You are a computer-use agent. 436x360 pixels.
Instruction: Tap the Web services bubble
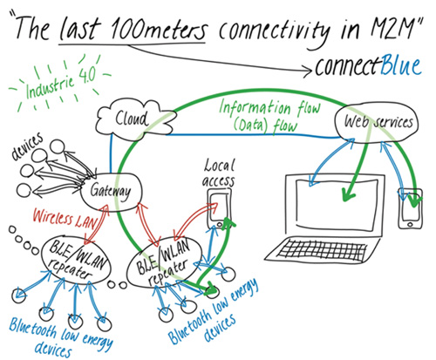[x=376, y=124]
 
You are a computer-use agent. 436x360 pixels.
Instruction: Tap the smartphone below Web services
[x=409, y=207]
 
